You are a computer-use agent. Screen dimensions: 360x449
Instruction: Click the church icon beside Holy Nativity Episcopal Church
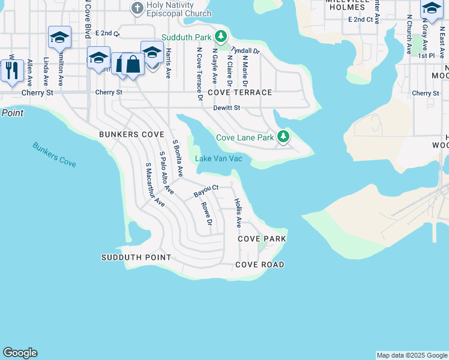[x=137, y=8]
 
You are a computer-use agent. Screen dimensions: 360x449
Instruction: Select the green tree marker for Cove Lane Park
[x=283, y=137]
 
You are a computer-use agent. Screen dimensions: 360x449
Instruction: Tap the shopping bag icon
[x=133, y=64]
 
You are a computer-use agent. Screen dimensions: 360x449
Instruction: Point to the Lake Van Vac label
[x=218, y=158]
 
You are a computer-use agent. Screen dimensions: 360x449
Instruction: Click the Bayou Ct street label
[x=205, y=191]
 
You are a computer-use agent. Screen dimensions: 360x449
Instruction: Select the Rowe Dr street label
[x=206, y=214]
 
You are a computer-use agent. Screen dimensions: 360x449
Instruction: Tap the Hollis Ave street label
[x=238, y=212]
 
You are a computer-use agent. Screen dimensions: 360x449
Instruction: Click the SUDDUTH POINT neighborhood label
[x=136, y=257]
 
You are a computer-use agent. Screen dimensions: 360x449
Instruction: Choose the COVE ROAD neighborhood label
[x=259, y=265]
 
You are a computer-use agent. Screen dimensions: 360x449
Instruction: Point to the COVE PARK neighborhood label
[x=262, y=239]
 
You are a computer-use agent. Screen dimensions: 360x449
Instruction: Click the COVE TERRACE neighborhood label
[x=240, y=93]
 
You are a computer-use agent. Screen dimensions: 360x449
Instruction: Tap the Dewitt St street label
[x=226, y=108]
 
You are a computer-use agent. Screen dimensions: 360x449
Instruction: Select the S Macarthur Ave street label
[x=155, y=184]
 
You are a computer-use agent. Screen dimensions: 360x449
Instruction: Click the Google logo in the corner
[x=20, y=353]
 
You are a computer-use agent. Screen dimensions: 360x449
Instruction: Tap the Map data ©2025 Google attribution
[x=411, y=355]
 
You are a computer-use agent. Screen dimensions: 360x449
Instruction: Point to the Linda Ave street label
[x=46, y=71]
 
